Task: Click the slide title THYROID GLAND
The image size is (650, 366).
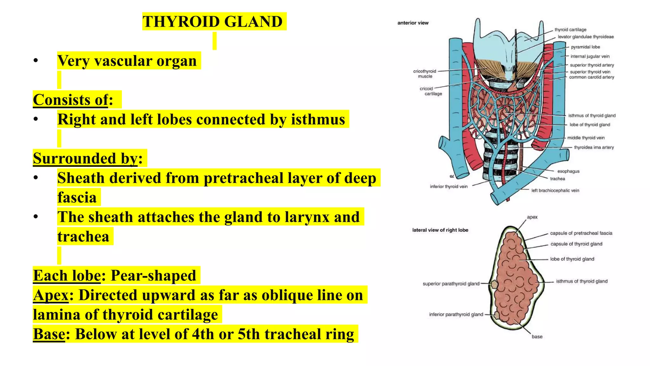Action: coord(212,22)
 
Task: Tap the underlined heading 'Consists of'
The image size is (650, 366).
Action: coord(70,100)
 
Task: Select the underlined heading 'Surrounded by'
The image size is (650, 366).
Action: coord(85,158)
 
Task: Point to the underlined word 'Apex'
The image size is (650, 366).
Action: coord(51,295)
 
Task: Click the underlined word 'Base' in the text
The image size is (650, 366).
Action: coord(49,334)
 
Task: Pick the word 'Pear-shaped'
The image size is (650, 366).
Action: coord(153,275)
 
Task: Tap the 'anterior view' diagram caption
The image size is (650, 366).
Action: coord(413,23)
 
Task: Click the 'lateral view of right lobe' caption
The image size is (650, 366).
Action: coord(440,230)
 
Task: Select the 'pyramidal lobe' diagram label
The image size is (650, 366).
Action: coord(585,47)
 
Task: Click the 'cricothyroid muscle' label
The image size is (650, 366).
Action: coord(425,74)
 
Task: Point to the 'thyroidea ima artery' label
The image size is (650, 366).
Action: coord(594,147)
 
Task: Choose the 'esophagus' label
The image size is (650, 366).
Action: coord(568,171)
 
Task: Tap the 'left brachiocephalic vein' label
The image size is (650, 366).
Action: coord(555,191)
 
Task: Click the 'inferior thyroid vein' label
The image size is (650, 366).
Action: coord(448,186)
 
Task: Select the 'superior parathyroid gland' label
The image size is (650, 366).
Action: coord(451,284)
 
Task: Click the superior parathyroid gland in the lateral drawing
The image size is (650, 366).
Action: coord(494,284)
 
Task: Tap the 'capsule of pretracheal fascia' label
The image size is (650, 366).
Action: coord(581,233)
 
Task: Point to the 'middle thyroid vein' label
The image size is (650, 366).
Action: coord(586,138)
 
